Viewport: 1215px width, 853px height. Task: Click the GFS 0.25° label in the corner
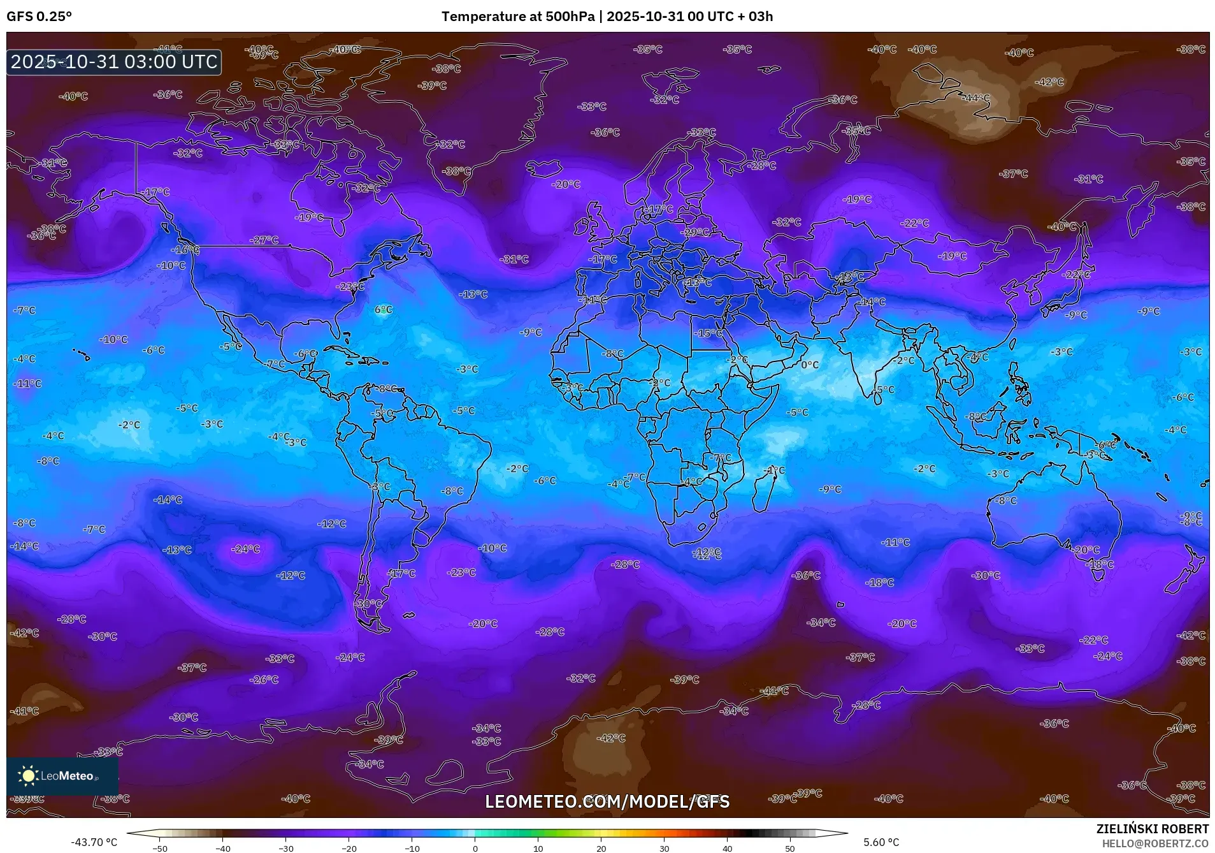coord(39,17)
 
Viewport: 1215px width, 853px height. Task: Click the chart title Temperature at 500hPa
coord(517,17)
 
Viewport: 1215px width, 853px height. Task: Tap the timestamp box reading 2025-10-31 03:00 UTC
coord(114,62)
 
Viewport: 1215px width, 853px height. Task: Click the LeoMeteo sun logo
coord(28,775)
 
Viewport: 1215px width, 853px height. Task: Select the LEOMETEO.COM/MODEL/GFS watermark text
coord(607,801)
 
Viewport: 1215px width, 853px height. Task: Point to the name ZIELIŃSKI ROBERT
coord(1152,829)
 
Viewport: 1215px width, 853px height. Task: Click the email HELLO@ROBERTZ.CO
coord(1154,843)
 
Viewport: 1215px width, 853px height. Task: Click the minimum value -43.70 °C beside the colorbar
coord(94,842)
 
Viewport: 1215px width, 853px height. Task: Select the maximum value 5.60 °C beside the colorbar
coord(881,842)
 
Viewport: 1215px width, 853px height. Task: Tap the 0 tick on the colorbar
coord(475,848)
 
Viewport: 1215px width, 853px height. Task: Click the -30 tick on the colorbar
coord(285,848)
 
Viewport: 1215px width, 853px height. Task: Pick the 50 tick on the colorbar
coord(790,848)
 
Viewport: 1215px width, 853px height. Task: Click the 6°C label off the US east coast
coord(383,310)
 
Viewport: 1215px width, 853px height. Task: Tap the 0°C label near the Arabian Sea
coord(810,365)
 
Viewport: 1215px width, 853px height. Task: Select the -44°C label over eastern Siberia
coord(976,98)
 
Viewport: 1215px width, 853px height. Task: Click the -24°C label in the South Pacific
coord(245,549)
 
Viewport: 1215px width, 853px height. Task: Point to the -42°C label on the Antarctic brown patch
coord(610,738)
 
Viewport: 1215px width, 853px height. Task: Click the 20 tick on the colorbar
coord(601,848)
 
